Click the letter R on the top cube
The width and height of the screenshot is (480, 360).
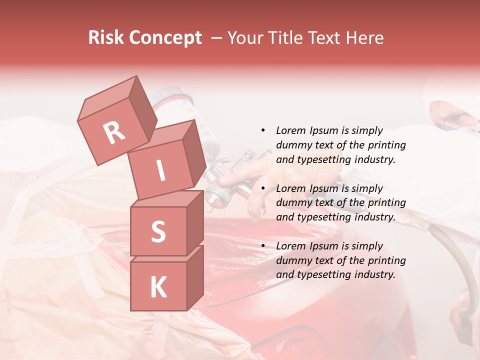point(114,132)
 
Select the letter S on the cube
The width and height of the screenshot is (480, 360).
point(158,231)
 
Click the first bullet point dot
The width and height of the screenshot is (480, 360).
point(263,130)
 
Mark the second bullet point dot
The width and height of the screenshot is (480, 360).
point(263,188)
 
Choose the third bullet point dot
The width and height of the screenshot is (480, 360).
point(263,246)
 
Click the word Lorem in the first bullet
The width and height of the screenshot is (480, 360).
point(290,130)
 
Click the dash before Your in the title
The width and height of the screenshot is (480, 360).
point(217,38)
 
